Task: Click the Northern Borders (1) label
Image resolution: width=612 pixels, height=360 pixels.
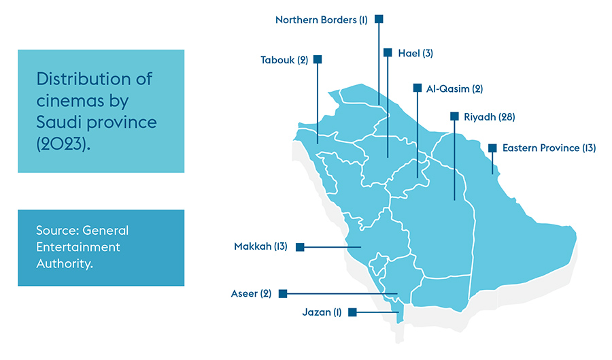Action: [321, 20]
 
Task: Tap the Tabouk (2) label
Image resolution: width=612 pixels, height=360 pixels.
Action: [284, 60]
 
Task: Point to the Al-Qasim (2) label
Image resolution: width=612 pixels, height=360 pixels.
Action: [454, 88]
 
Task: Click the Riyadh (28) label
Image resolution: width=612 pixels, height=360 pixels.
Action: [489, 117]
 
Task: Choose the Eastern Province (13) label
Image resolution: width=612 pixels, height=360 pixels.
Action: [549, 148]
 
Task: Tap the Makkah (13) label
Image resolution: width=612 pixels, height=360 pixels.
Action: [260, 246]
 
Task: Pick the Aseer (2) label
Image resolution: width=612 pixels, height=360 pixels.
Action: [252, 294]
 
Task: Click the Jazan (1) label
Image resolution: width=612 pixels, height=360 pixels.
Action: [322, 312]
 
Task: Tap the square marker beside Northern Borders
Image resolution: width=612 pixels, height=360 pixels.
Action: [379, 19]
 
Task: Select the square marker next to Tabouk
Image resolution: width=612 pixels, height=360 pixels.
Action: [318, 59]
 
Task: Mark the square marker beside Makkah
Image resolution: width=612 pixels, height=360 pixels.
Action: [300, 246]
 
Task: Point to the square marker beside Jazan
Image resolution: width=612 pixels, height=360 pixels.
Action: [352, 312]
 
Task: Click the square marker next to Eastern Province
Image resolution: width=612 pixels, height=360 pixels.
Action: [492, 148]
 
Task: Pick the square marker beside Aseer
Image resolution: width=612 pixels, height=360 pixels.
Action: [283, 294]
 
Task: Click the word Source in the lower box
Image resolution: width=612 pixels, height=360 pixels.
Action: [58, 230]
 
